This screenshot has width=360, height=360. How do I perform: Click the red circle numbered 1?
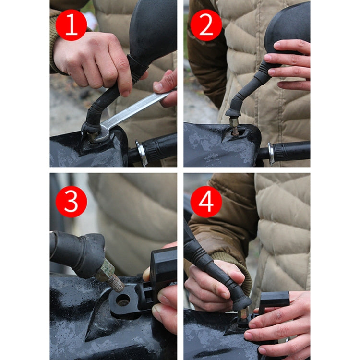pyautogui.click(x=71, y=25)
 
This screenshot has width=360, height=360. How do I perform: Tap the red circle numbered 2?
pyautogui.click(x=206, y=25)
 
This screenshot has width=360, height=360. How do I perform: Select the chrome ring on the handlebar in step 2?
pyautogui.click(x=272, y=153)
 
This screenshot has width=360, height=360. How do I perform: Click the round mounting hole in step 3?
pyautogui.click(x=123, y=300)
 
